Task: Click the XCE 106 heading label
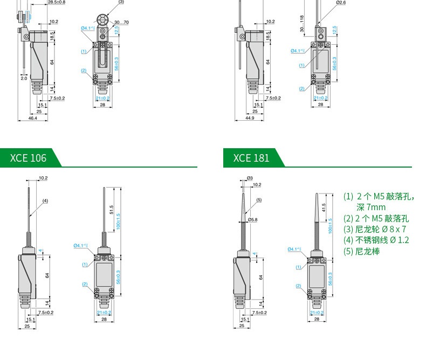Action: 29,158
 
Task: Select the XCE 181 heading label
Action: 251,158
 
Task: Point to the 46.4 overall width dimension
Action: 33,117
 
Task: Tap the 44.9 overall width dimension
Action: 250,117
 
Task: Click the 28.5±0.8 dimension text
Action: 57,3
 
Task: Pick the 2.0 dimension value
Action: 24,78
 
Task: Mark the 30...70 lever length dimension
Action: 122,22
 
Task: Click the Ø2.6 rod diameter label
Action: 340,3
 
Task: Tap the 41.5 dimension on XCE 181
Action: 324,207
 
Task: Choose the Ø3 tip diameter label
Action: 250,178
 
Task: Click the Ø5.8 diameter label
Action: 252,220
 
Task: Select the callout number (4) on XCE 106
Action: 45,200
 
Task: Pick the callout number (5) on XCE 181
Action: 259,200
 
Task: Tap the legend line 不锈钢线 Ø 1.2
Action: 376,240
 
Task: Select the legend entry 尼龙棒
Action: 362,251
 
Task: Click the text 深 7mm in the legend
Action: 370,207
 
